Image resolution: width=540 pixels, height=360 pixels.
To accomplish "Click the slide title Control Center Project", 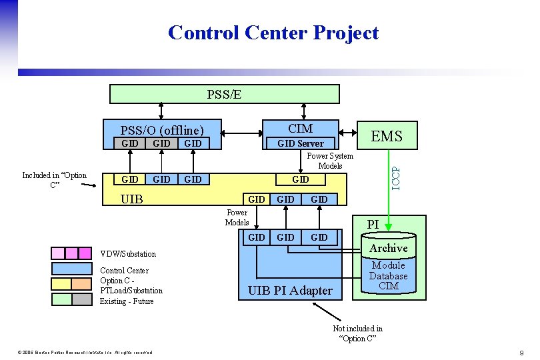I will click(273, 33).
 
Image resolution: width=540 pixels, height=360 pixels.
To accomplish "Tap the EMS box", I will click(386, 136).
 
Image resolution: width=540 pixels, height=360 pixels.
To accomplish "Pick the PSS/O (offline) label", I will click(161, 129).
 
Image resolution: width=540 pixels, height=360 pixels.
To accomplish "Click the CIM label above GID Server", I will click(300, 128).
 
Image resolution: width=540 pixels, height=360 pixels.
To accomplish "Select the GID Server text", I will click(300, 143).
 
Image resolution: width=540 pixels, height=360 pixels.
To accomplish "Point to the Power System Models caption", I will click(330, 161).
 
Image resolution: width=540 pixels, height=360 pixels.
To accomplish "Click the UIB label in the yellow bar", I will click(131, 199).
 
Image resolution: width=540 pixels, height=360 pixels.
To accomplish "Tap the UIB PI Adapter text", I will click(289, 291).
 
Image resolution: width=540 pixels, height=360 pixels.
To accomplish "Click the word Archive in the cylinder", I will click(388, 248).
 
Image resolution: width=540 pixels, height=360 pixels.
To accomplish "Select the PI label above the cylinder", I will click(373, 225).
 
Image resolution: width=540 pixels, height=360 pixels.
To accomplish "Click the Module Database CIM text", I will click(388, 275).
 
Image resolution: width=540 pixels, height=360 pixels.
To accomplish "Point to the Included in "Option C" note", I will click(54, 180).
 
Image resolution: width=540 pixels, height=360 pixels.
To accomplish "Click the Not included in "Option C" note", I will click(357, 333).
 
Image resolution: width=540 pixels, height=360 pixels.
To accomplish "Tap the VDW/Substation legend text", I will click(128, 254).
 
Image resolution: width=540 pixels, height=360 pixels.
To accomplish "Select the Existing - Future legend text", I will click(127, 301).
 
